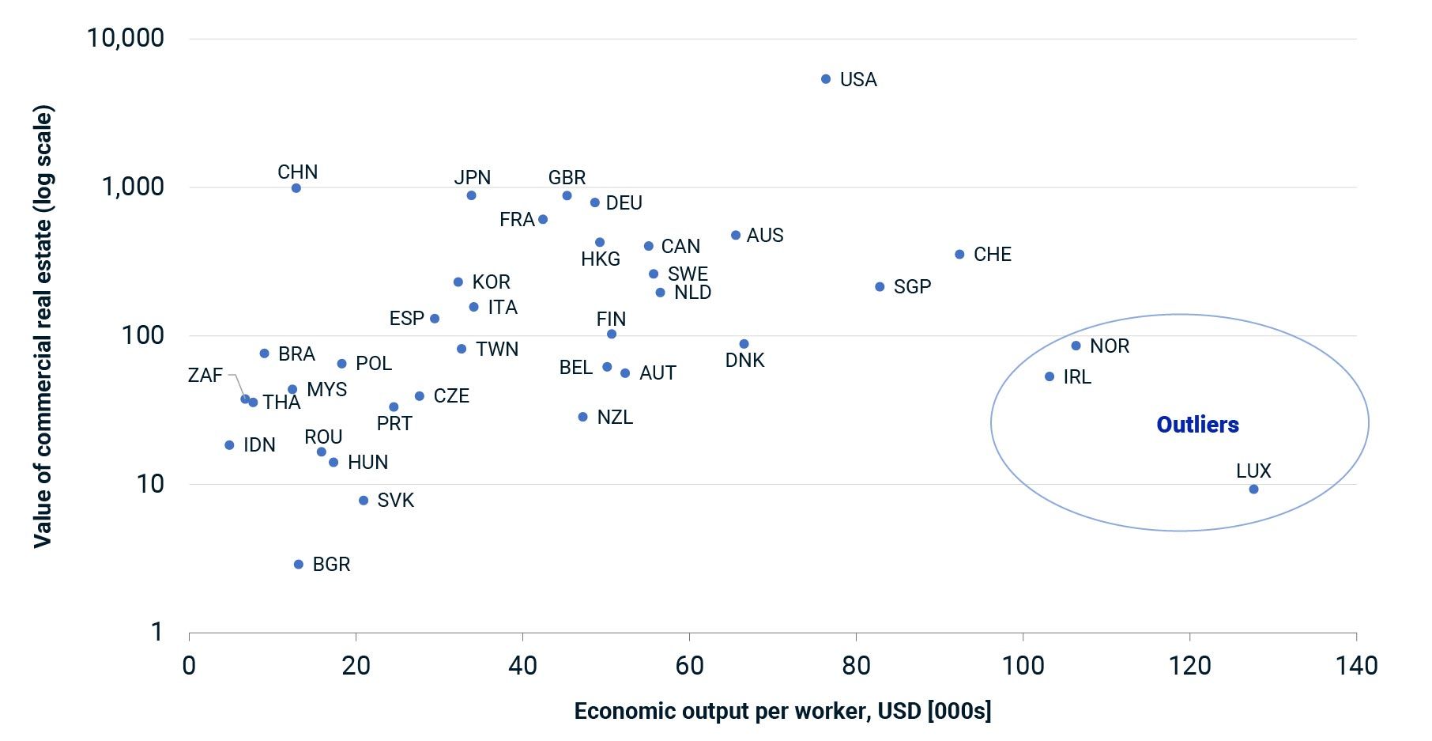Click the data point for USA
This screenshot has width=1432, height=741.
826,79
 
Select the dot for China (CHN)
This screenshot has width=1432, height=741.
296,188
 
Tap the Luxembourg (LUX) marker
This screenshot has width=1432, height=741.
1253,490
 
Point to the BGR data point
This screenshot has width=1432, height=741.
299,565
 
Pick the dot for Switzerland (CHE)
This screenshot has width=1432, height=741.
959,255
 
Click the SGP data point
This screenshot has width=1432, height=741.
880,287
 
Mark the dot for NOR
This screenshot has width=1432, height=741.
1076,346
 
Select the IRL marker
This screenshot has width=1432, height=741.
1050,377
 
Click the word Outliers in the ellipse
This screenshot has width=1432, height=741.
1197,425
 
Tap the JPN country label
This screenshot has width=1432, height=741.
473,177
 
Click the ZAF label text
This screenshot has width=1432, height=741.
205,376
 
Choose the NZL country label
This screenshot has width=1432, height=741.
615,418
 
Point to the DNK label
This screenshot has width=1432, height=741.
744,361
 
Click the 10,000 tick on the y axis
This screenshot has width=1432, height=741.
126,37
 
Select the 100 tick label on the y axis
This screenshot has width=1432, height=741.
142,335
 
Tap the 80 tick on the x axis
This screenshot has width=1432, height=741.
856,666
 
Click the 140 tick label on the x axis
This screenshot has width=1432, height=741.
1356,666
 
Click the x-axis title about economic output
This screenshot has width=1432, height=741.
782,711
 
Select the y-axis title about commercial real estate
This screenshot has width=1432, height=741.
43,327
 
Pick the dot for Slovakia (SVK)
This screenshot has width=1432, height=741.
364,501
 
